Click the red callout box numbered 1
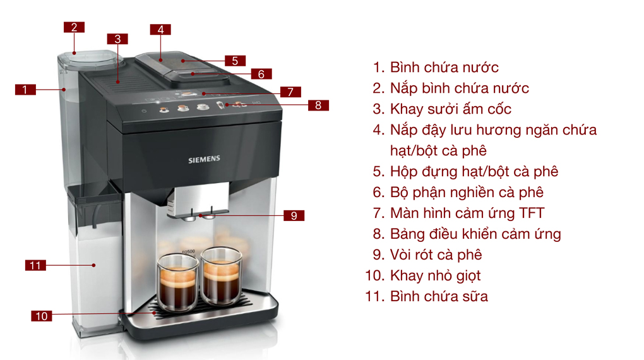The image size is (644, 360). pos(25,90)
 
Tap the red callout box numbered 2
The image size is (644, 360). pos(74,27)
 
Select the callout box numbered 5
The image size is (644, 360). pos(234,61)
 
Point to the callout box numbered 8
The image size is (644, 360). pos(318,105)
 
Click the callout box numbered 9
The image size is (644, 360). pos(294,216)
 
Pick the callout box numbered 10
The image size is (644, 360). pos(42,316)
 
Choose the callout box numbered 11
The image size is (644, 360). pos(35,265)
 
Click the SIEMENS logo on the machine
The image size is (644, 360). pos(205,160)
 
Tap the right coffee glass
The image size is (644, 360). pos(222,277)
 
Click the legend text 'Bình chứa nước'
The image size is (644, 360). pos(444,68)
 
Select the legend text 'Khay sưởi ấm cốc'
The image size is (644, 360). pos(450,109)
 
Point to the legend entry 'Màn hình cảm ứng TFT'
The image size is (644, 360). pos(467,213)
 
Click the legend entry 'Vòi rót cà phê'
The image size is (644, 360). pos(436,255)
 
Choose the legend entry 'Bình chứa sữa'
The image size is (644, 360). pos(439,296)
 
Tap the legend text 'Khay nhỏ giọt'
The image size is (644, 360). pos(435,276)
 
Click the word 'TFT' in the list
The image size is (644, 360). pos(530,213)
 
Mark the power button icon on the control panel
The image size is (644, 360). pos(144,111)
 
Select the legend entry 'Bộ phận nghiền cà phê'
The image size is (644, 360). pos(466,193)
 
